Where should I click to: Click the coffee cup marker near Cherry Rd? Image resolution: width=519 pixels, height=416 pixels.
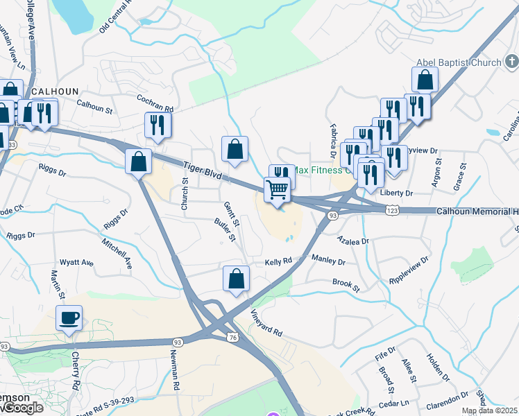pos(69,319)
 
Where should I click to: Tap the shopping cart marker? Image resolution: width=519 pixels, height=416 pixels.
pos(277,189)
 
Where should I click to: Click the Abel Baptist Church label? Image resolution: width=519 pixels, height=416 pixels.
pos(458,63)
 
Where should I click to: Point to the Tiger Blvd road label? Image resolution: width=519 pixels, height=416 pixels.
pos(203,173)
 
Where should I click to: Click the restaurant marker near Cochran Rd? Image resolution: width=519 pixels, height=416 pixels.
pos(158,125)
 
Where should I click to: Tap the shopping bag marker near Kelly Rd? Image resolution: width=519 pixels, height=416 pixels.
pos(236,279)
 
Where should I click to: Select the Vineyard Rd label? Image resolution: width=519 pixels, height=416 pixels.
pos(267,322)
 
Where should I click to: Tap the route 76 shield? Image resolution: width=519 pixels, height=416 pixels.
pos(232,336)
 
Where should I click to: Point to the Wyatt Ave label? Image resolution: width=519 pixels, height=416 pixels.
pos(76,263)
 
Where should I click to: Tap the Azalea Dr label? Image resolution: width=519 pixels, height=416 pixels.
pos(353,241)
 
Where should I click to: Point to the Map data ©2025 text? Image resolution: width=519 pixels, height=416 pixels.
pos(489,410)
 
